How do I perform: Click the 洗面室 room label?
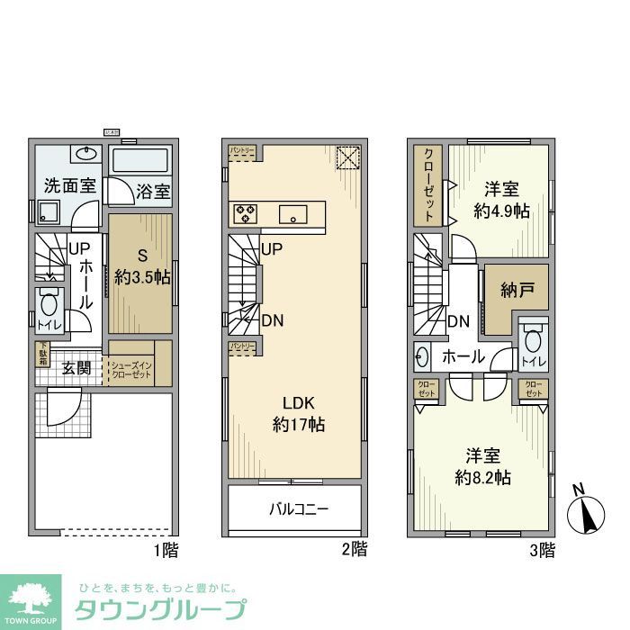coord(70,186)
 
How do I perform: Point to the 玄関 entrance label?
coord(76,367)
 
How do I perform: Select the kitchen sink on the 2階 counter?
coord(294,213)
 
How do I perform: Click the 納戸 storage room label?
coord(517,290)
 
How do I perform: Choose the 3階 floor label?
coord(541,549)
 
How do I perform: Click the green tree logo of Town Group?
coord(30,598)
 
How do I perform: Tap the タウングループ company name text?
coord(158,609)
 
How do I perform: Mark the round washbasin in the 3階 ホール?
coord(423,356)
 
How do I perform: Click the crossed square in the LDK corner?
coord(347,157)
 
